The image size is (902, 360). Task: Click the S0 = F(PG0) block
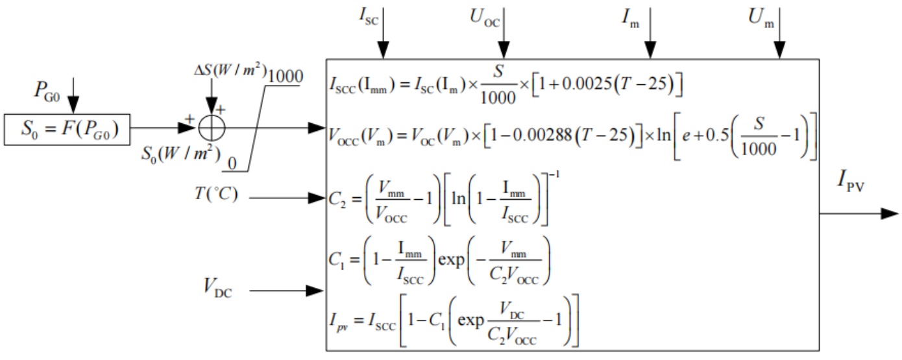[67, 130]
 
